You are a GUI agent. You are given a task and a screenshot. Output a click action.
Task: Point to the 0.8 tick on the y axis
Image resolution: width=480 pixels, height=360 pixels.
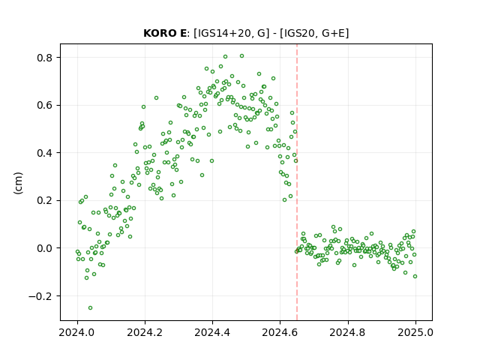click(45, 58)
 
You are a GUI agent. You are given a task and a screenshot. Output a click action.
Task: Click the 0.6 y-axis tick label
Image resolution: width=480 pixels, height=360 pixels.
click(45, 105)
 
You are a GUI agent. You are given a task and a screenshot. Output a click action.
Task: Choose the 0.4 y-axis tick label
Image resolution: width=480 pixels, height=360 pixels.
click(45, 153)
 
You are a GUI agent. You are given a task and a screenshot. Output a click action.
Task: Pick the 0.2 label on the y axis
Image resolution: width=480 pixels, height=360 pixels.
click(45, 200)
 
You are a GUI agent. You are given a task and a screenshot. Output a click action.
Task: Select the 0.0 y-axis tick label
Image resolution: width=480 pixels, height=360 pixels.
click(45, 248)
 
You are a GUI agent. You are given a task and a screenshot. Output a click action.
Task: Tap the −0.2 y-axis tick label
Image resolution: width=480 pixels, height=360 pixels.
click(41, 296)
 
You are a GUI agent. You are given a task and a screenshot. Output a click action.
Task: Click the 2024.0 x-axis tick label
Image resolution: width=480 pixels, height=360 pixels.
click(77, 332)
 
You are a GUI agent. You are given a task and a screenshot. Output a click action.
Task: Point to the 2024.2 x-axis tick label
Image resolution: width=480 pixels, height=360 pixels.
click(145, 332)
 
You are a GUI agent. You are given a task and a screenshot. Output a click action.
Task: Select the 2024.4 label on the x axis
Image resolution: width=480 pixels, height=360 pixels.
click(212, 332)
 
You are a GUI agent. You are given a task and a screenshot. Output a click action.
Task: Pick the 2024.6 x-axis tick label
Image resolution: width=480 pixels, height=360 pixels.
click(280, 332)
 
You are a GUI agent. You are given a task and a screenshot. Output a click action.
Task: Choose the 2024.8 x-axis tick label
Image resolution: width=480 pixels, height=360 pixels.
click(348, 332)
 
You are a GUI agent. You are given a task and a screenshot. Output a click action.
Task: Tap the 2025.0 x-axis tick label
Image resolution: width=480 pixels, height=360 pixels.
click(415, 332)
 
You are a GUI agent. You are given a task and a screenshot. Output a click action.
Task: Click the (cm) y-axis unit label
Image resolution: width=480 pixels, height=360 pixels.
click(18, 183)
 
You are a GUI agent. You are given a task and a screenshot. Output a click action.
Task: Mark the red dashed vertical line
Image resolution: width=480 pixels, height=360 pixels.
click(297, 182)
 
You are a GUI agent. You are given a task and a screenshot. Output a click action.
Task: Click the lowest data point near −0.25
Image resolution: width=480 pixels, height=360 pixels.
click(90, 308)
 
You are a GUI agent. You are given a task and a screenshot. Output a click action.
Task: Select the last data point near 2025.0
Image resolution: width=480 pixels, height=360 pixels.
click(415, 277)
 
